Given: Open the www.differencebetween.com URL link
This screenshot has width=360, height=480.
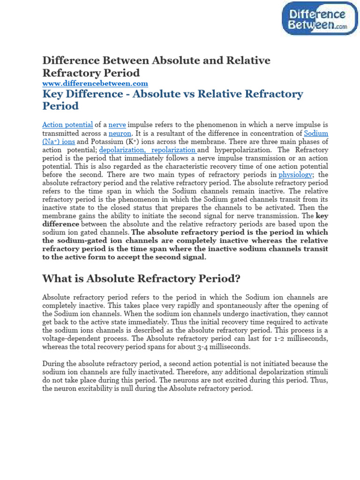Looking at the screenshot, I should pos(95,83).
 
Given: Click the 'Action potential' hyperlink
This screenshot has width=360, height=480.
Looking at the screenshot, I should pos(67,125).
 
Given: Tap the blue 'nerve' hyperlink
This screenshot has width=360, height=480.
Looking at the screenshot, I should pos(117,125).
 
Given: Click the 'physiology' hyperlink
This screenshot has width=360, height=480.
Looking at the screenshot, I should pos(295,175).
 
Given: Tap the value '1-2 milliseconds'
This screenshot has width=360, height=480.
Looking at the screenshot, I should pos(301,339).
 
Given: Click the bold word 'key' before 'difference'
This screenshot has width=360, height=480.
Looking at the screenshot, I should pos(322,217).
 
